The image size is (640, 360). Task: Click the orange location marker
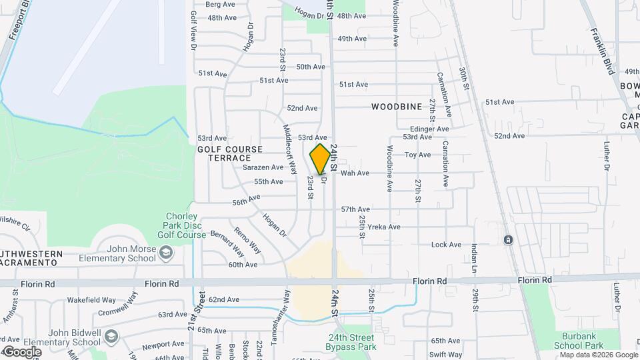click(x=320, y=159)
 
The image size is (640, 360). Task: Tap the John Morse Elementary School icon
click(x=166, y=252)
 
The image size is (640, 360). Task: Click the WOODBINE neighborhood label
click(x=397, y=107)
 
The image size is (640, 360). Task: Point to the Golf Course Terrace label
click(x=230, y=153)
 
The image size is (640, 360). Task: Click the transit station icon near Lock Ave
click(x=508, y=239)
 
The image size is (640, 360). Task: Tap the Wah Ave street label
click(x=355, y=173)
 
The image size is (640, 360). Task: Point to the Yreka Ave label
click(x=388, y=227)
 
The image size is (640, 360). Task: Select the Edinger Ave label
click(x=429, y=129)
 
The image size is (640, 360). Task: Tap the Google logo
click(x=21, y=351)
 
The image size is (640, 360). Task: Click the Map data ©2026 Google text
click(x=599, y=355)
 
